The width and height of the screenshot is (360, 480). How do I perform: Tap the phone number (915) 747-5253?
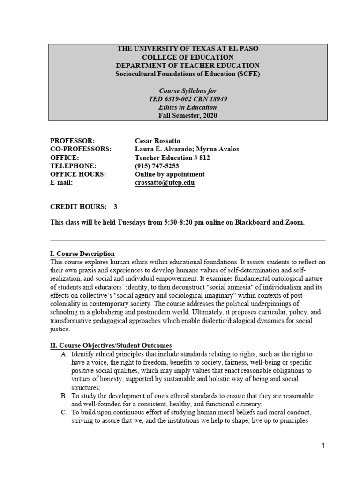pos(157,166)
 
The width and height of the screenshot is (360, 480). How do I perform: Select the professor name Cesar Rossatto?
pos(157,141)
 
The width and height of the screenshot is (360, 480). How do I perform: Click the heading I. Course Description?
pos(82,254)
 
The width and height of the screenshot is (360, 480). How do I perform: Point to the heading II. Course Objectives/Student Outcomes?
pos(111,345)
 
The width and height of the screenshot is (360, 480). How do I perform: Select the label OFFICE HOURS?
pos(78,174)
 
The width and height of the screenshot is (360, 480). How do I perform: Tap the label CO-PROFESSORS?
pos(81,149)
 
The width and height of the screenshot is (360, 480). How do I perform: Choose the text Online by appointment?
pos(170,174)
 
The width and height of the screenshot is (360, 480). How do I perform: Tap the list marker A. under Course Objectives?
pos(64,354)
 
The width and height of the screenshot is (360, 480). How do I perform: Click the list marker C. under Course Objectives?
pos(64,413)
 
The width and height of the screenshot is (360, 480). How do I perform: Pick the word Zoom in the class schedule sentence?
pos(294,222)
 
